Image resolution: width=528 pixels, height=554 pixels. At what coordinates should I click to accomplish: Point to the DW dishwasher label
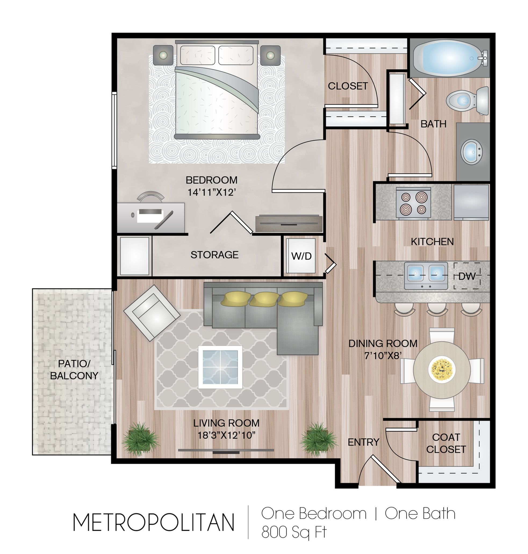[467, 276]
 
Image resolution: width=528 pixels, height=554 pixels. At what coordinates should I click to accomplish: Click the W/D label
[301, 256]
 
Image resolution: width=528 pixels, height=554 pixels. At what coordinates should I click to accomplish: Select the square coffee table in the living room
[220, 367]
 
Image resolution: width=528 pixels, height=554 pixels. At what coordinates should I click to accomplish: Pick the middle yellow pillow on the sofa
[263, 299]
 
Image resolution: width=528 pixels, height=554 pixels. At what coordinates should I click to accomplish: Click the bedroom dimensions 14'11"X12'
[211, 192]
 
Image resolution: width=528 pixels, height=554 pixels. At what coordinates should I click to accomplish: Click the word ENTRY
[363, 442]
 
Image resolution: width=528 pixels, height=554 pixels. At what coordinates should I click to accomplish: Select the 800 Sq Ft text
[294, 532]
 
